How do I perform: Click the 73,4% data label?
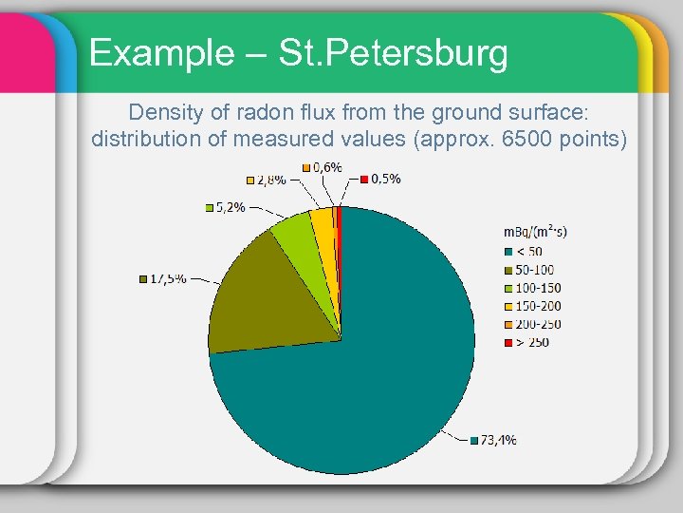click(498, 440)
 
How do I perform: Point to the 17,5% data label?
click(168, 278)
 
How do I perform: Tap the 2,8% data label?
click(270, 180)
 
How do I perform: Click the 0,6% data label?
click(326, 167)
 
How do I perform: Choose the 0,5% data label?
click(384, 178)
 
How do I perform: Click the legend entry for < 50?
click(528, 251)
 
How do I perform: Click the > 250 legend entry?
click(531, 342)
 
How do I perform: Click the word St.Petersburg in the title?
click(394, 53)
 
